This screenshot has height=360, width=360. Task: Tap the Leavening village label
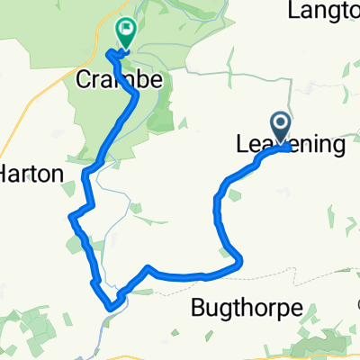[290, 144]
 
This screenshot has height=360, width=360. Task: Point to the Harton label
[34, 175]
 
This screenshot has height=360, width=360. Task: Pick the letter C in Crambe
[82, 81]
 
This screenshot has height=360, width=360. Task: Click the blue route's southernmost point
[111, 307]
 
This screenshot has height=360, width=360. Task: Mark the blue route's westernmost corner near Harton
[70, 216]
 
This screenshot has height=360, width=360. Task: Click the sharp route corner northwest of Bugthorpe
[148, 267]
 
